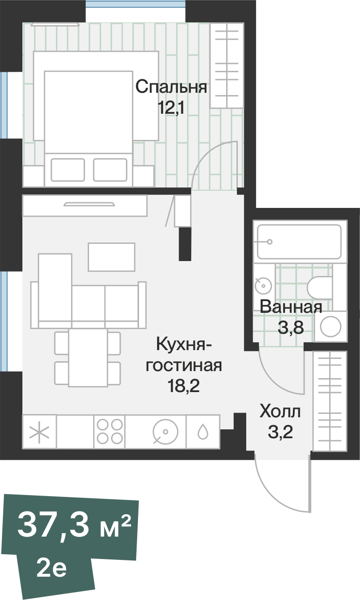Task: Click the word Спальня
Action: [x=171, y=87]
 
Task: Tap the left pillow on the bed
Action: [x=68, y=170]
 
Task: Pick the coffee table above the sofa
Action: [x=111, y=257]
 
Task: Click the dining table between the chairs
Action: [x=88, y=358]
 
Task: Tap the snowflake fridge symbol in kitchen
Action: [x=39, y=431]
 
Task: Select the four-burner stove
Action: [x=109, y=431]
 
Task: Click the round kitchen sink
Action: [x=166, y=431]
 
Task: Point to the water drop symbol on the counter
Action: [x=203, y=432]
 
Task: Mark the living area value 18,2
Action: [x=183, y=386]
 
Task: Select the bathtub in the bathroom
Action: [x=299, y=241]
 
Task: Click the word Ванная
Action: [x=291, y=307]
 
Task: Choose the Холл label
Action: [x=280, y=412]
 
